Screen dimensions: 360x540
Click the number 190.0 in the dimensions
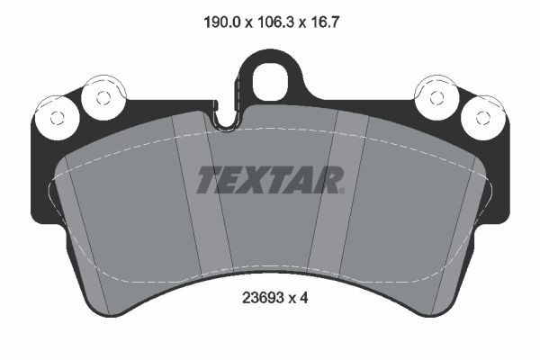coord(217,15)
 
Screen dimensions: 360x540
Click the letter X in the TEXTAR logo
coord(268,180)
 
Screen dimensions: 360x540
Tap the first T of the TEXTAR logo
coord(208,180)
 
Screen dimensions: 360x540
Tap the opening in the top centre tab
coord(268,79)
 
